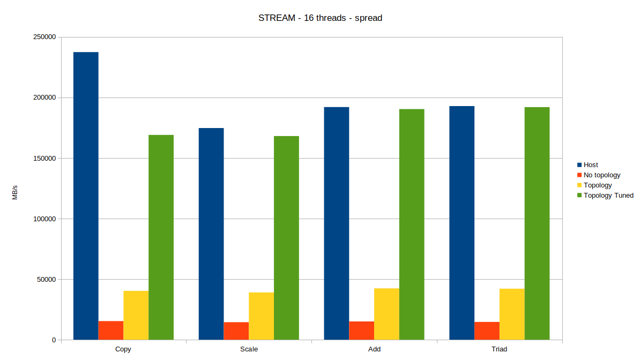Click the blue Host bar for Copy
pos(86,196)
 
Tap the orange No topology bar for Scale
pos(236,331)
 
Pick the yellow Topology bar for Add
pos(386,314)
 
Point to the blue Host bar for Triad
pos(462,223)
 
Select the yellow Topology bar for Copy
pos(136,315)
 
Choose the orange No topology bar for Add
pos(361,331)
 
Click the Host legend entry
pos(591,165)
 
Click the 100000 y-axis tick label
pos(44,219)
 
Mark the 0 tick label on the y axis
pos(54,340)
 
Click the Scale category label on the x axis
pos(249,349)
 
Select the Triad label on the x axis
pos(499,349)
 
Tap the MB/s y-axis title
pos(15,192)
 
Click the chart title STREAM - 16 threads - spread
pos(320,18)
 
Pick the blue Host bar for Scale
pos(211,234)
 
